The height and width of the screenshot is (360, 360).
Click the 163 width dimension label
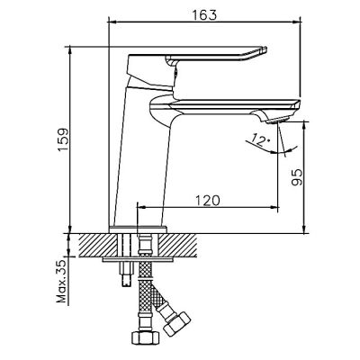coord(204,15)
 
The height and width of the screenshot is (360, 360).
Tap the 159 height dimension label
coord(63,140)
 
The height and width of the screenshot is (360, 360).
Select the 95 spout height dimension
coord(297,177)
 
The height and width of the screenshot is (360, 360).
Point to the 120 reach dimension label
coord(208,201)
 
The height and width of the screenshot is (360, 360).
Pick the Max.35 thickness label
coord(62,281)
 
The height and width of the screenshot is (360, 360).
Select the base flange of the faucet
coord(138,229)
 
